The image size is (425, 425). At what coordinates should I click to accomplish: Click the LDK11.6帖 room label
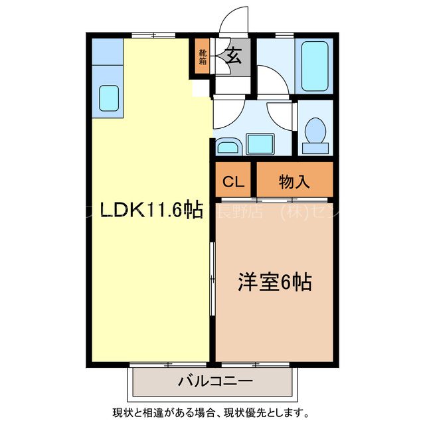(x=151, y=210)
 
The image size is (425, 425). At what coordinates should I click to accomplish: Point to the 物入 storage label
(x=294, y=181)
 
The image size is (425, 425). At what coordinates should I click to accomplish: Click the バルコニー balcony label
(x=214, y=382)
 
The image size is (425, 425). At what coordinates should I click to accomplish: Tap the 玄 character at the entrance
(x=233, y=56)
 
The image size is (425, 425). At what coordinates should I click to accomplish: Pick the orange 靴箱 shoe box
(x=202, y=57)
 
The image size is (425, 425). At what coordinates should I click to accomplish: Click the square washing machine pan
(x=260, y=143)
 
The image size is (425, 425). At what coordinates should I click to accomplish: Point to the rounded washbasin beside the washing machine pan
(x=229, y=147)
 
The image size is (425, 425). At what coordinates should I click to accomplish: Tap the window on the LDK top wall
(x=147, y=35)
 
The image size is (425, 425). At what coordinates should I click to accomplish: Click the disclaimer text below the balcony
(x=212, y=412)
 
